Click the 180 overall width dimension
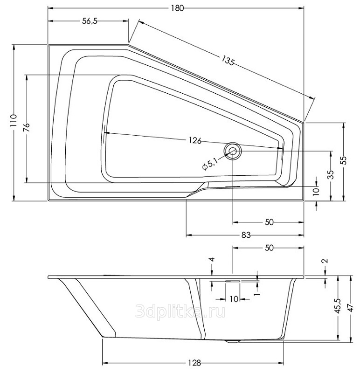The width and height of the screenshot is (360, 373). [178, 8]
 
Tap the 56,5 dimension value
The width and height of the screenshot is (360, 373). [90, 21]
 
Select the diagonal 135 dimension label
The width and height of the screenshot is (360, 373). [228, 61]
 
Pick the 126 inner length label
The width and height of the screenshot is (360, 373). [195, 141]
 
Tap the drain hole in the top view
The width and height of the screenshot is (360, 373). [233, 151]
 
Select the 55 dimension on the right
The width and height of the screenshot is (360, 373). [343, 160]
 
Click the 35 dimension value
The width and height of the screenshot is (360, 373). [331, 174]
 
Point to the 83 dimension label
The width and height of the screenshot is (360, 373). [246, 235]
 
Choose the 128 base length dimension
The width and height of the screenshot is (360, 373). [194, 363]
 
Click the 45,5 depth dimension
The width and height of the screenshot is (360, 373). [339, 306]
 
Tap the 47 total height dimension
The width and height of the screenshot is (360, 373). [351, 309]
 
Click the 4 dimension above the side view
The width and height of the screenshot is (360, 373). [212, 259]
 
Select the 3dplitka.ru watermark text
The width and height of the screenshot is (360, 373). [180, 311]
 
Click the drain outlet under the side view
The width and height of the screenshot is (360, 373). [233, 341]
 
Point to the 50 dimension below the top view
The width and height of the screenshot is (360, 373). [269, 222]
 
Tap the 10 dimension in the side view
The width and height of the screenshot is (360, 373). [234, 299]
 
